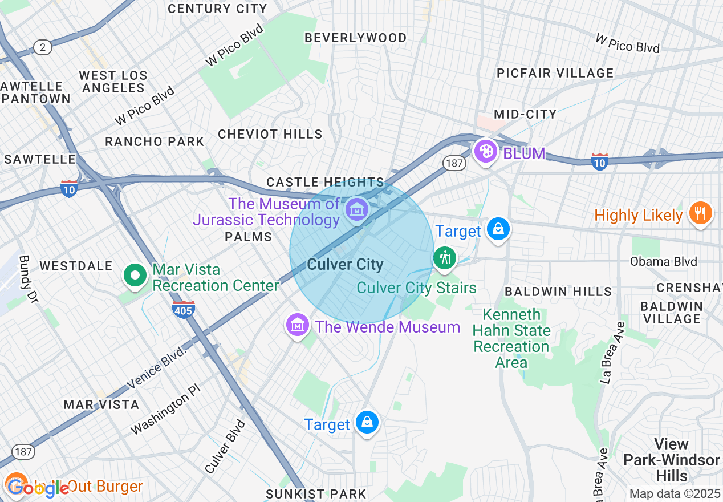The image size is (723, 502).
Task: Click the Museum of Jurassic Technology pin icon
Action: pyautogui.click(x=357, y=210)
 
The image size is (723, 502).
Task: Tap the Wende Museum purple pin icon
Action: pyautogui.click(x=297, y=325)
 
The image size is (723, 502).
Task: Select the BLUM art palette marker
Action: pyautogui.click(x=486, y=152)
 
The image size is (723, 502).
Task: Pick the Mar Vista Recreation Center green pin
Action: pyautogui.click(x=135, y=276)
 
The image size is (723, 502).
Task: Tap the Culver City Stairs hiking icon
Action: pyautogui.click(x=444, y=258)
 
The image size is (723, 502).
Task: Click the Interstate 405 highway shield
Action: pyautogui.click(x=183, y=309)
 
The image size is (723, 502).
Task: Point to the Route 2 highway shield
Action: pyautogui.click(x=43, y=47)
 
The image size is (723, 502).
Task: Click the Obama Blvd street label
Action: pyautogui.click(x=663, y=262)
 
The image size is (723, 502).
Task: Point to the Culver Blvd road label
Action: pyautogui.click(x=225, y=446)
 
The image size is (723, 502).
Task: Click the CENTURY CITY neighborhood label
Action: pyautogui.click(x=217, y=9)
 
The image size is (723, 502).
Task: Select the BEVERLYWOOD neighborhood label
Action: pyautogui.click(x=356, y=38)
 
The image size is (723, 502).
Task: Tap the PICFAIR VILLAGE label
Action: pyautogui.click(x=555, y=73)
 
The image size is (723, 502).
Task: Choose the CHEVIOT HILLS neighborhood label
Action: pyautogui.click(x=270, y=135)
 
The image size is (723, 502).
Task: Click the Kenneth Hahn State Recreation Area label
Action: pyautogui.click(x=511, y=338)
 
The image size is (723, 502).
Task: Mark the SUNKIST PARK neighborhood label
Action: pyautogui.click(x=316, y=493)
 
